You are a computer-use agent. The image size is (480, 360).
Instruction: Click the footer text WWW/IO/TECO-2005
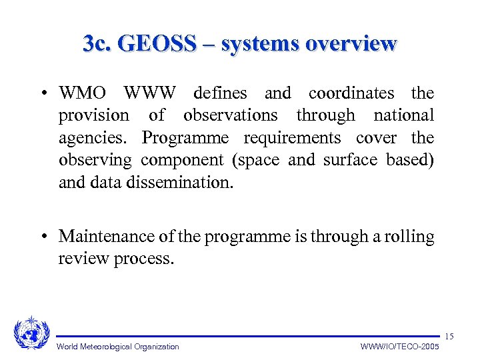[x=400, y=347]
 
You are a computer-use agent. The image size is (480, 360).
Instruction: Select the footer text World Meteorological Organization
[x=118, y=347]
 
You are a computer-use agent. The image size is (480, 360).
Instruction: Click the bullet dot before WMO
[x=42, y=93]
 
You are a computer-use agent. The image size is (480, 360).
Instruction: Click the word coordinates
[x=351, y=93]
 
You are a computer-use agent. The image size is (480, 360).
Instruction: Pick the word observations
[x=230, y=115]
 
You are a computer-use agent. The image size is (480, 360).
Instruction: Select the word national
[x=404, y=115]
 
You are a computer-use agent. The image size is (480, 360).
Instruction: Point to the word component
[x=182, y=160]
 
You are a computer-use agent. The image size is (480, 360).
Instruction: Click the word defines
[x=220, y=93]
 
